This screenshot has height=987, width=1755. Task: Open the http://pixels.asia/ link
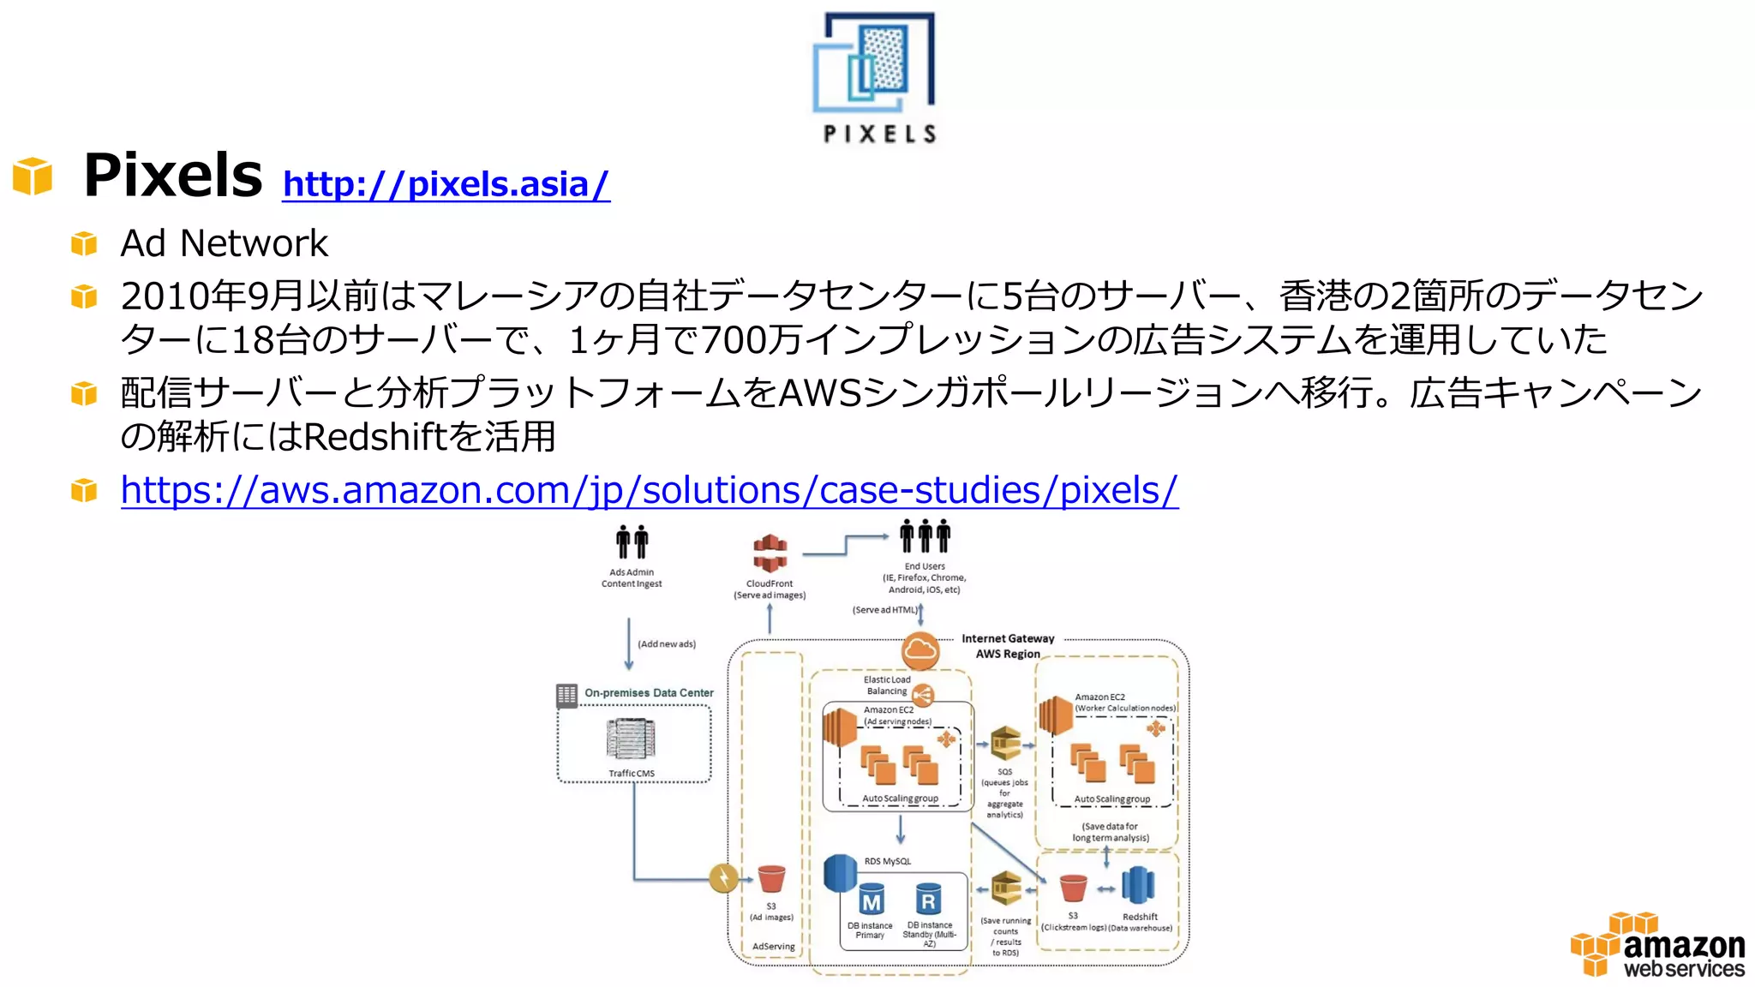[x=446, y=184]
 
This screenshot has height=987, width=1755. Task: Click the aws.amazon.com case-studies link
[x=649, y=490]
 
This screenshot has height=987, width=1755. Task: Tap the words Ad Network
[x=224, y=243]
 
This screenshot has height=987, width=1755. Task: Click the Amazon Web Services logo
[x=1659, y=945]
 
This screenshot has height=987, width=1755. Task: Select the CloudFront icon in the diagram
[x=770, y=553]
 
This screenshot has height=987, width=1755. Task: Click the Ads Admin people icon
[x=632, y=542]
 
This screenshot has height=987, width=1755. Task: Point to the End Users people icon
[x=925, y=537]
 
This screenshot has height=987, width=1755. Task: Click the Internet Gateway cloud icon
[x=919, y=650]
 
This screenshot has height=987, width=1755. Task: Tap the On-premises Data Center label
[x=649, y=692]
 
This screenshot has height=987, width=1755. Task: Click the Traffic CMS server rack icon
[x=631, y=739]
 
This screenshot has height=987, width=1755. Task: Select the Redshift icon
[x=1138, y=886]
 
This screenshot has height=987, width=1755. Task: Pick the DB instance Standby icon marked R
[x=928, y=900]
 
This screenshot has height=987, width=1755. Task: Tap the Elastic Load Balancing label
[x=887, y=685]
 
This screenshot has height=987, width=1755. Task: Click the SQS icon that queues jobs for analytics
[x=1005, y=744]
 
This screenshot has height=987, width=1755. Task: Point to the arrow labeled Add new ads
[x=629, y=644]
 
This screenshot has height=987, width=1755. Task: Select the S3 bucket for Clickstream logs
[x=1073, y=888]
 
